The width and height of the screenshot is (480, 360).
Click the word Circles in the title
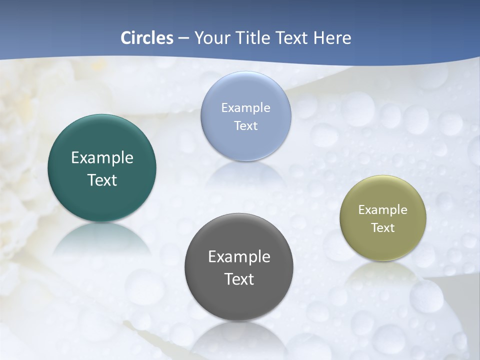pos(146,38)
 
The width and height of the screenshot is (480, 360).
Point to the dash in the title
pos(183,38)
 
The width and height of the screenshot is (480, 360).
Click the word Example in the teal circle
pos(102,158)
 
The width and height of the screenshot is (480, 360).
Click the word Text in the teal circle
pos(102,180)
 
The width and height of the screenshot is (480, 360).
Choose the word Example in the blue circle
pos(245,108)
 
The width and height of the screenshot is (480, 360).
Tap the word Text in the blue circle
pos(245,125)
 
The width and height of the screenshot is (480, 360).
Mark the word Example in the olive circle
pos(383,210)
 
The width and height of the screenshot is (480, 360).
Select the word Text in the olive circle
pos(383,227)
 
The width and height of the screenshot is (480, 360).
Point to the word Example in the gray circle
pos(239,257)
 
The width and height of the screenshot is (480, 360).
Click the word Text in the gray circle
pos(239,279)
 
